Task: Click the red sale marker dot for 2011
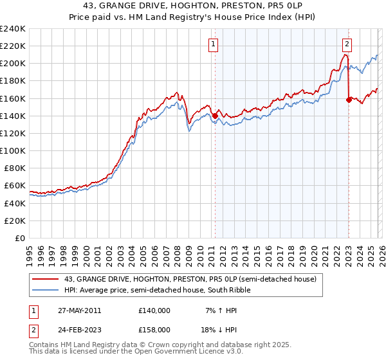pos(215,116)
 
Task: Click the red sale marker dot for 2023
pos(349,100)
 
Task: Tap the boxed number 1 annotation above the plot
pos(213,44)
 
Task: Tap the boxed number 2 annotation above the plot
pos(347,44)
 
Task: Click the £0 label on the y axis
pos(19,238)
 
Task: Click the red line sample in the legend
pos(46,279)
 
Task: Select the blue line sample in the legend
pos(46,290)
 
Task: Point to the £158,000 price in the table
pos(154,329)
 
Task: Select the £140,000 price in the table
pos(154,310)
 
